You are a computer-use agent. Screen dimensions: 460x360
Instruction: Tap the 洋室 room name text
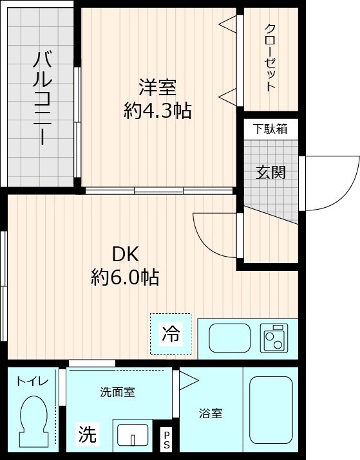(x=157, y=86)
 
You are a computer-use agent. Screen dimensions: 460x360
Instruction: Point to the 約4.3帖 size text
(x=157, y=111)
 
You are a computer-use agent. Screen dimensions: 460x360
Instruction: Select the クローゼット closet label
(x=270, y=58)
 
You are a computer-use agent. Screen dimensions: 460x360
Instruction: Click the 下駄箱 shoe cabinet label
(x=270, y=129)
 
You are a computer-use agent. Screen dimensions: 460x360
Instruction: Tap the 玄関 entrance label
(x=270, y=172)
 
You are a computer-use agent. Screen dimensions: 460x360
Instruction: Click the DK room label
(x=125, y=253)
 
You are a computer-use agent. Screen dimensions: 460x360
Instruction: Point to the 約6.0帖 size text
(x=125, y=277)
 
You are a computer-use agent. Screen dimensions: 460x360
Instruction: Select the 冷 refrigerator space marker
(x=171, y=334)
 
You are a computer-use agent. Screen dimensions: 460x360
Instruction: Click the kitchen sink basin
(x=230, y=337)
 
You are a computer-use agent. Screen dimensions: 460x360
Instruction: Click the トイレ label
(x=32, y=382)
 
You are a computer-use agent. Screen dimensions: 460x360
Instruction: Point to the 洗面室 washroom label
(x=117, y=392)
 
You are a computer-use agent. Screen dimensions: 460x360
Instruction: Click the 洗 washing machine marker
(x=88, y=436)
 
